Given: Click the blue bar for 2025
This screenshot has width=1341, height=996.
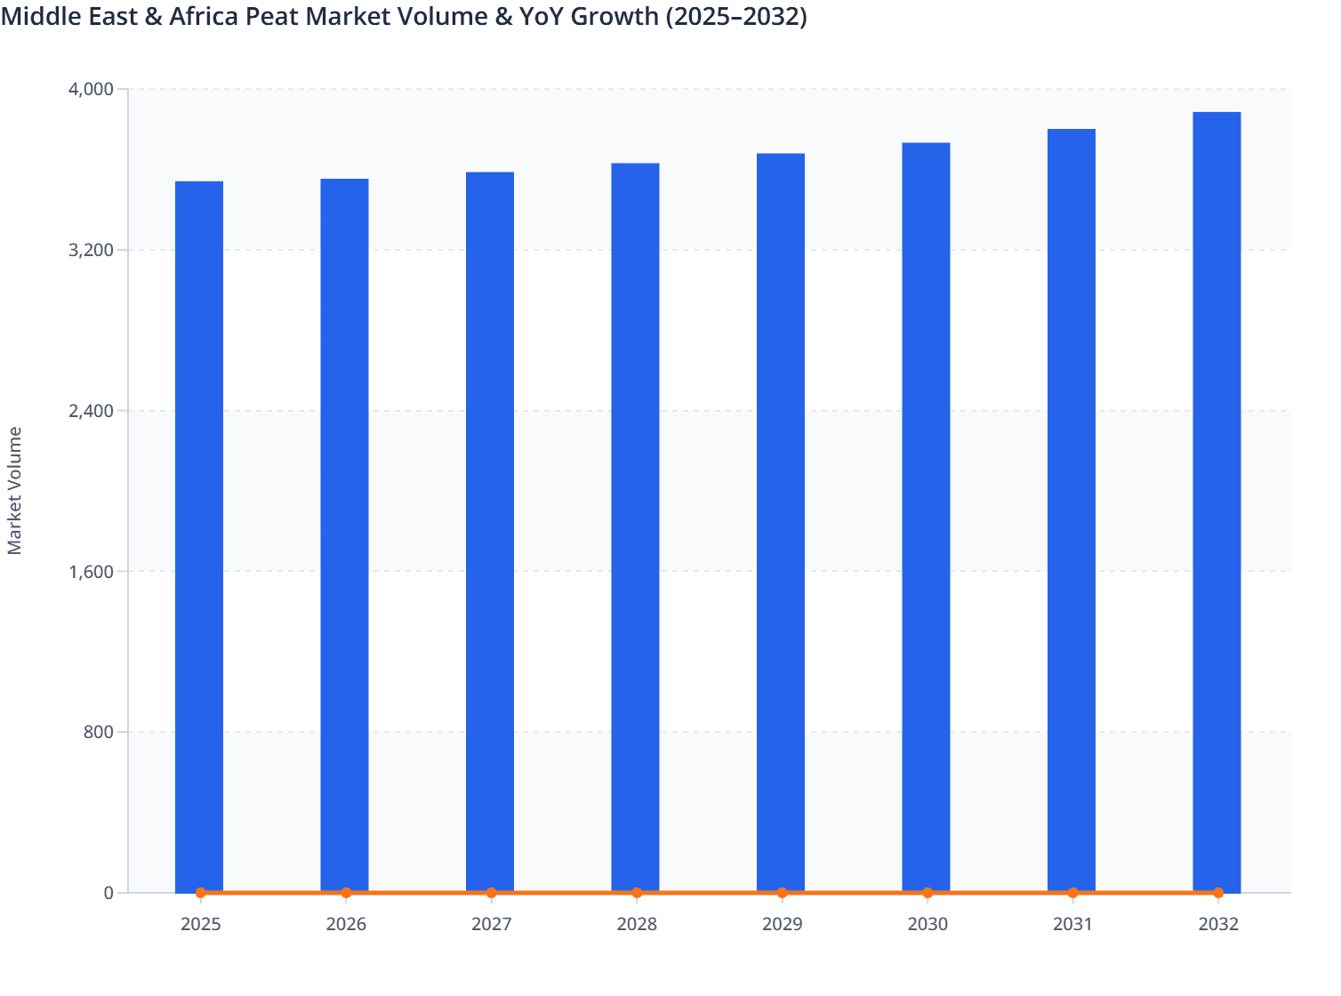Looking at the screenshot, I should [x=199, y=534].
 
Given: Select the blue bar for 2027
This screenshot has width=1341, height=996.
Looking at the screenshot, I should [x=490, y=534].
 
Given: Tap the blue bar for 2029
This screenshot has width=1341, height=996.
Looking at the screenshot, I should [x=781, y=525].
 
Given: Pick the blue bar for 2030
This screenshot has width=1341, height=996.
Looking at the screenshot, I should [x=926, y=516].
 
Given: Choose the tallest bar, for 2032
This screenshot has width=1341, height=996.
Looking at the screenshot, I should [x=1217, y=498].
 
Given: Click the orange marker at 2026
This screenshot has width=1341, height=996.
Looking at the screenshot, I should [x=346, y=893].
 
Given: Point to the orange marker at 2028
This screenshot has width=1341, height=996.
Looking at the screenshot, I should [x=637, y=893].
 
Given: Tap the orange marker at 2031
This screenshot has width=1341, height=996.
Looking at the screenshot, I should [x=1072, y=893].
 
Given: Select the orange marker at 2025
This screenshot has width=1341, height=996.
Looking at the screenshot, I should [x=201, y=893].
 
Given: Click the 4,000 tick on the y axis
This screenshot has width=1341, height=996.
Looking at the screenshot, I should [x=91, y=89].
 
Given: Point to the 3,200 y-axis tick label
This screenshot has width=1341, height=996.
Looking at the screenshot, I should [x=91, y=250].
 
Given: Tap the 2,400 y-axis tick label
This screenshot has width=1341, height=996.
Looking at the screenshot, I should [x=91, y=411].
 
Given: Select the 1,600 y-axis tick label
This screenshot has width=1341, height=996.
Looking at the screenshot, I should [x=91, y=572].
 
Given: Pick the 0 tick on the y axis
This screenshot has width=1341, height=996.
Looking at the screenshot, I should [x=108, y=893].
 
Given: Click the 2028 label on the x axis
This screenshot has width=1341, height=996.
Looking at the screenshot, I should [x=637, y=925].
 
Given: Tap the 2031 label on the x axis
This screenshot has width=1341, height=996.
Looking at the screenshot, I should [x=1072, y=925].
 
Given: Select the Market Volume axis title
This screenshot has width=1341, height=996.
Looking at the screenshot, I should [x=15, y=491].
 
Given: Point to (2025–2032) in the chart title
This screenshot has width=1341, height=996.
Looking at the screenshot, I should [x=736, y=16].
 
